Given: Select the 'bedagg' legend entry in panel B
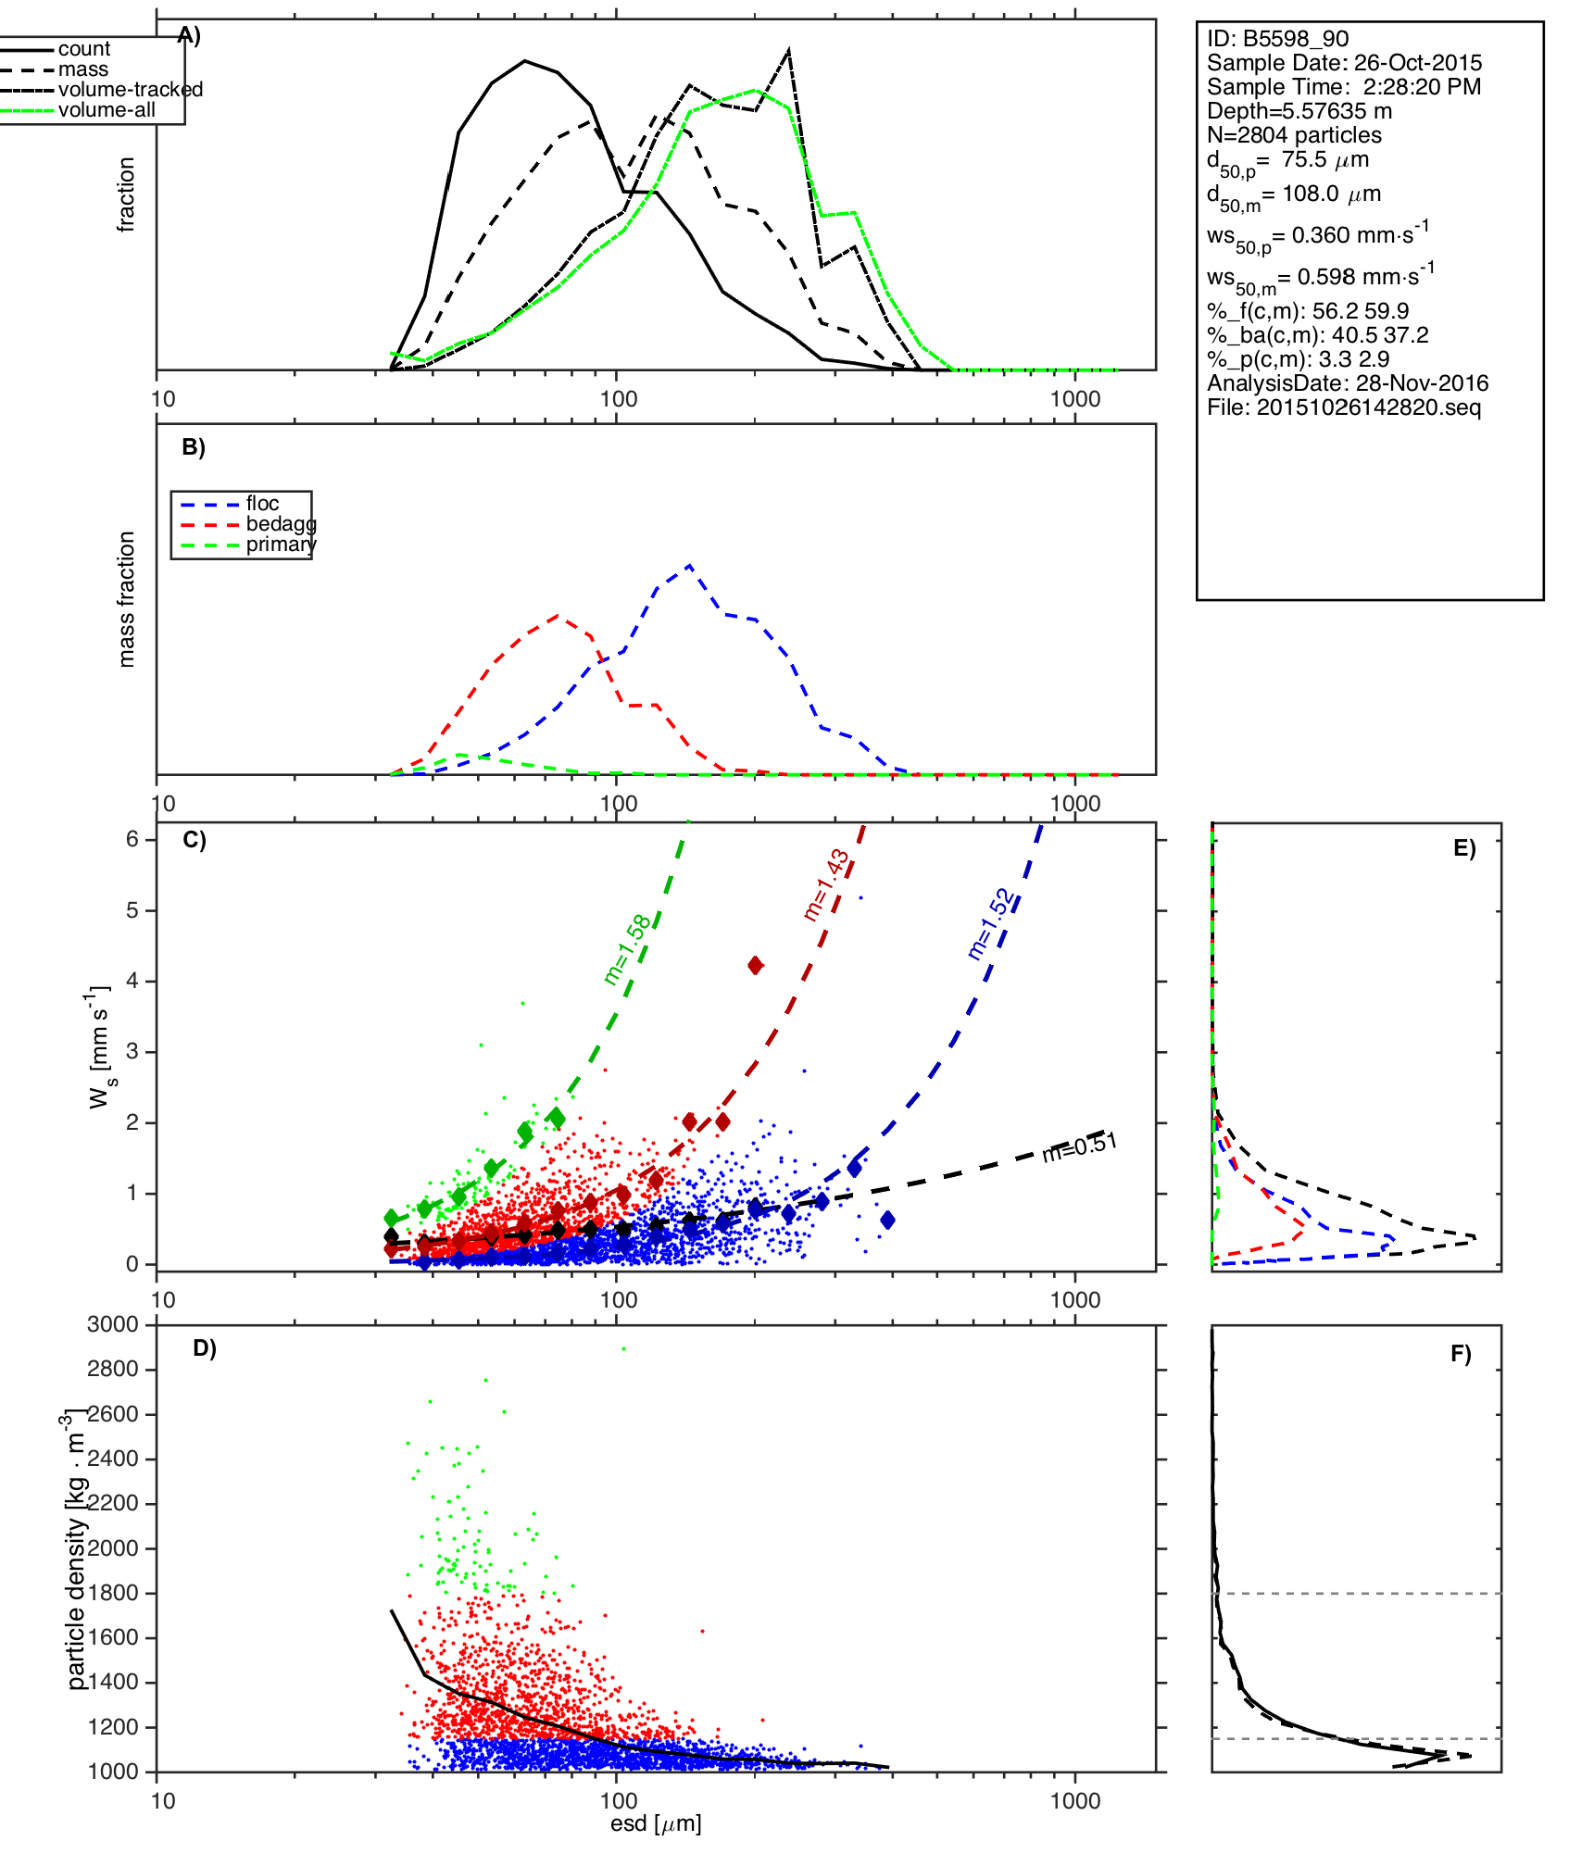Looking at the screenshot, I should point(281,524).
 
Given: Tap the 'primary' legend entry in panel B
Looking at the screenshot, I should point(281,545).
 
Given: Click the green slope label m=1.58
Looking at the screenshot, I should point(628,950).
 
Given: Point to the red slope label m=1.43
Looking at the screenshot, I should point(826,884).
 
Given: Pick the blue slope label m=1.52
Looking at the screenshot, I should point(991,924).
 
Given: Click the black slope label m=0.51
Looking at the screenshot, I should point(1079,1147).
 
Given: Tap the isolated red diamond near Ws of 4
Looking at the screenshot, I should point(756,966).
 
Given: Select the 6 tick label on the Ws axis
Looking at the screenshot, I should point(132,839).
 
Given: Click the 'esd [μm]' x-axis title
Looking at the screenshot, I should point(656,1824).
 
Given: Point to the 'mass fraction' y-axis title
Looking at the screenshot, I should point(127,599).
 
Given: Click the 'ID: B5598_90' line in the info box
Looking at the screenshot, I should point(1277,39).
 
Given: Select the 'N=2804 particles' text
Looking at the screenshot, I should point(1294,135).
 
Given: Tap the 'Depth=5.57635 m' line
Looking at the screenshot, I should point(1299,111).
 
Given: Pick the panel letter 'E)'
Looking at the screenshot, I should point(1464,848).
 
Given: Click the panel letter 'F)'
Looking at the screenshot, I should point(1461,1354).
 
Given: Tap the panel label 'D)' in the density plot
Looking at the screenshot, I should point(205,1348).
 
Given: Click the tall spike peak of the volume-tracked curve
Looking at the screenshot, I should point(788,51).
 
